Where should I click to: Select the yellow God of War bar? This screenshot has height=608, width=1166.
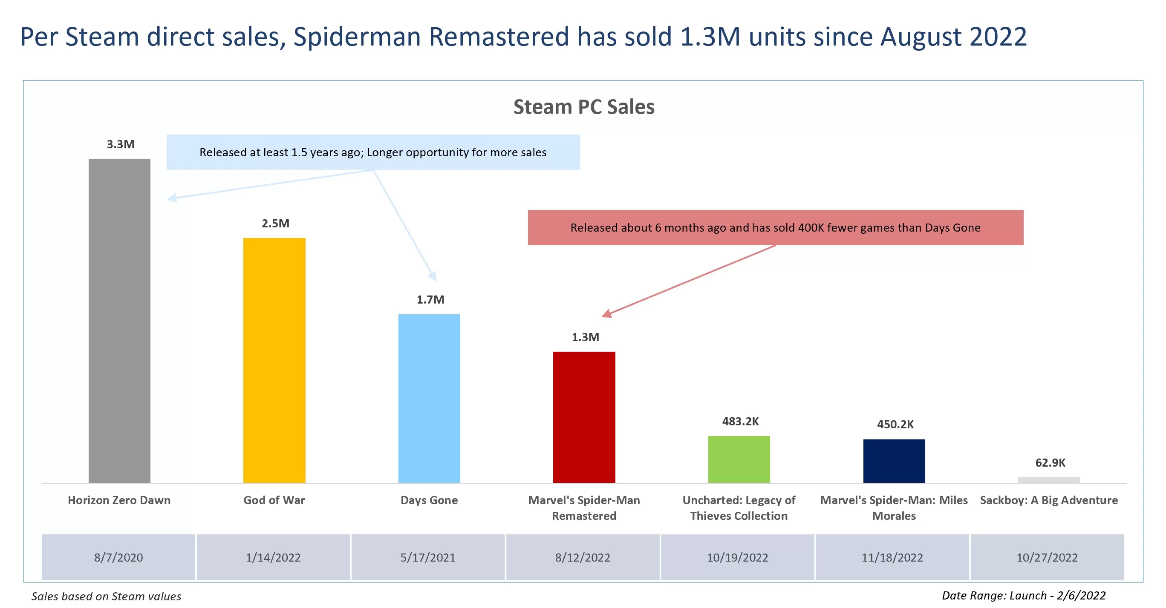[274, 360]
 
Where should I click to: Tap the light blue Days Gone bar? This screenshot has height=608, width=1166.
[429, 398]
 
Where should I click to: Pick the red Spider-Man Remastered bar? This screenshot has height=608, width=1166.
[584, 417]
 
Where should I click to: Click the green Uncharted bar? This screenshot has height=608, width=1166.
[739, 459]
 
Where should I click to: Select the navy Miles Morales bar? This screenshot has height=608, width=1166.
[894, 461]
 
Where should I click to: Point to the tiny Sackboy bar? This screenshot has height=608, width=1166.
[1049, 480]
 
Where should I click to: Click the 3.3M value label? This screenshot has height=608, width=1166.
[121, 144]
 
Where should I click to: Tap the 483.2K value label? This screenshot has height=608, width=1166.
[740, 421]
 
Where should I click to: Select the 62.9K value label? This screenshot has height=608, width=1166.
[1050, 462]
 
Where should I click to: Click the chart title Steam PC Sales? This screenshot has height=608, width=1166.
[583, 107]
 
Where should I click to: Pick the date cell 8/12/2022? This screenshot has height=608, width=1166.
[583, 557]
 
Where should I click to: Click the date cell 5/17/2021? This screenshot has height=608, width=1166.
[428, 557]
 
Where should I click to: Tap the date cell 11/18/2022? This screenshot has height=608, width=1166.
[892, 557]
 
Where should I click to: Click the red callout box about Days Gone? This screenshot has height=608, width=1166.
[775, 227]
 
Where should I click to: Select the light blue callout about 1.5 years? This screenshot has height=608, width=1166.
[372, 152]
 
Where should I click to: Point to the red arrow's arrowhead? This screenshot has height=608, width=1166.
[607, 313]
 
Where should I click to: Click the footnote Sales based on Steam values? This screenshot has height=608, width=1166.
[107, 596]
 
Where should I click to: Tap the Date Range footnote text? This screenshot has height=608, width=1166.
[1023, 595]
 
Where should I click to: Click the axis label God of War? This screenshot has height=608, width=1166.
[274, 500]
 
